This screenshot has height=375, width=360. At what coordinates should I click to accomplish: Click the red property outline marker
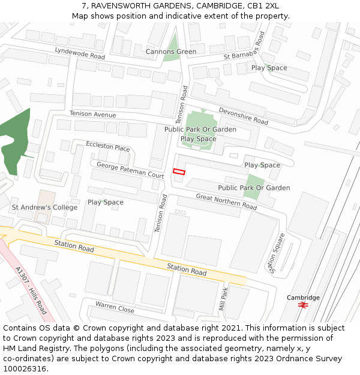click(x=179, y=172)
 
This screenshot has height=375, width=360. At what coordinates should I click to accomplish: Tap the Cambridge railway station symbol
click(x=303, y=305)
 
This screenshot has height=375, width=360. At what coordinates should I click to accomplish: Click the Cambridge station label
click(x=303, y=298)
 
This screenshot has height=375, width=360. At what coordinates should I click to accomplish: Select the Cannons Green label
click(x=171, y=52)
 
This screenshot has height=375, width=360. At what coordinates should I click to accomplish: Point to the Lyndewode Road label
click(x=79, y=53)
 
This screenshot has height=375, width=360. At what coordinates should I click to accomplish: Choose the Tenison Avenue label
click(x=92, y=114)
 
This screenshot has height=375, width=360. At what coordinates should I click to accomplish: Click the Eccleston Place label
click(x=108, y=147)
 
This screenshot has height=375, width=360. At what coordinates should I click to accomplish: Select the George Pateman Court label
click(x=130, y=170)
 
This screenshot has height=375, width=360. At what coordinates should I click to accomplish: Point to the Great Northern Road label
click(x=226, y=202)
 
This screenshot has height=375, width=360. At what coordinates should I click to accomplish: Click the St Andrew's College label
click(x=44, y=208)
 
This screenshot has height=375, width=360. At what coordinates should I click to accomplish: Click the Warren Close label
click(x=115, y=307)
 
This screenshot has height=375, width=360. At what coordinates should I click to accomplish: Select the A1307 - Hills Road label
click(x=31, y=290)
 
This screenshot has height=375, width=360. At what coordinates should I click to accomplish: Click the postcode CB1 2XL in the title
click(x=263, y=5)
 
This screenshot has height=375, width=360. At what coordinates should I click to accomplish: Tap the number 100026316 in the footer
click(x=24, y=368)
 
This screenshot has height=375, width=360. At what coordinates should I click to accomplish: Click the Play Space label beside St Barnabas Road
click(x=269, y=68)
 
